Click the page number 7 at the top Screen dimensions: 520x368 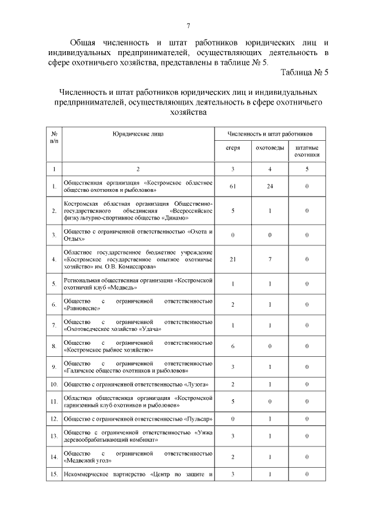point(188,26)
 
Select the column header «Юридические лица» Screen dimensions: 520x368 point(137,133)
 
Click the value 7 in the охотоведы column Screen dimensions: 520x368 point(270,260)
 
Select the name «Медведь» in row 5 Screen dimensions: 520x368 point(122,287)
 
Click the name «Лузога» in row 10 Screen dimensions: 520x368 point(189,384)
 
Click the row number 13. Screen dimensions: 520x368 point(53,437)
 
